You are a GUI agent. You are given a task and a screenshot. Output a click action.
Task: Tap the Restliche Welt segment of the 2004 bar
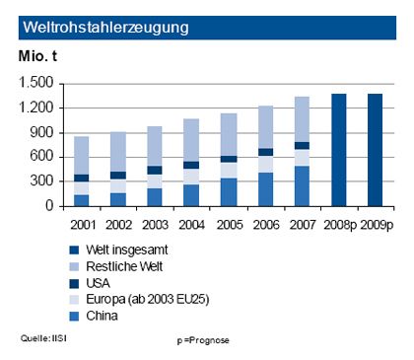tap(191, 140)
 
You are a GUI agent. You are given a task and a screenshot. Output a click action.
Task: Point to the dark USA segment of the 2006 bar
tap(266, 152)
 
